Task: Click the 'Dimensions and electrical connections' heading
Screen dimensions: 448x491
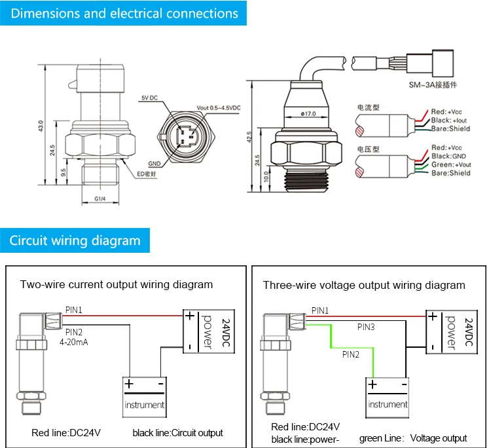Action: tap(124, 13)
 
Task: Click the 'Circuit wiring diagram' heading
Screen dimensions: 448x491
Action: tap(75, 240)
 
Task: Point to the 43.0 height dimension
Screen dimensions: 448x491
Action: tap(41, 125)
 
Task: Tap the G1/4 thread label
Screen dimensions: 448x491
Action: tap(100, 198)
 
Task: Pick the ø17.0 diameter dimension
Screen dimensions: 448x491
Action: tap(308, 113)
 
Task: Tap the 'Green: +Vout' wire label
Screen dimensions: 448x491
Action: tap(450, 165)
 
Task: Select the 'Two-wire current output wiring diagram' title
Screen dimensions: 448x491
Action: tap(117, 284)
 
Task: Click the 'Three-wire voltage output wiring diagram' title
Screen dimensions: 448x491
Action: tap(364, 285)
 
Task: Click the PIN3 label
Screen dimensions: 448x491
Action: tap(366, 326)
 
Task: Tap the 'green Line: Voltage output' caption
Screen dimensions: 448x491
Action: tap(413, 438)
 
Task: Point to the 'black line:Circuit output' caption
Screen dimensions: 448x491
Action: tap(177, 433)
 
